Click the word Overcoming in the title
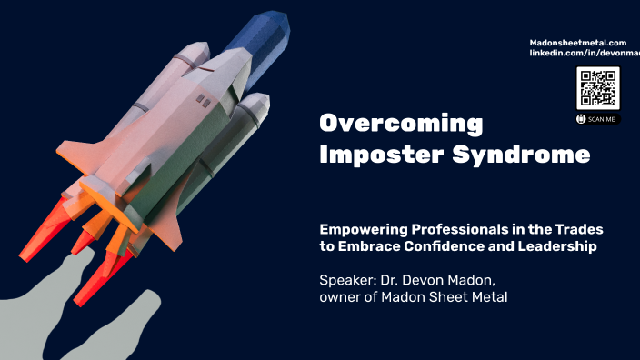pyautogui.click(x=400, y=124)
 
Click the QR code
pyautogui.click(x=597, y=89)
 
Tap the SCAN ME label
pyautogui.click(x=602, y=118)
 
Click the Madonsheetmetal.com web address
pyautogui.click(x=578, y=43)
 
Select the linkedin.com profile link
pyautogui.click(x=585, y=54)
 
